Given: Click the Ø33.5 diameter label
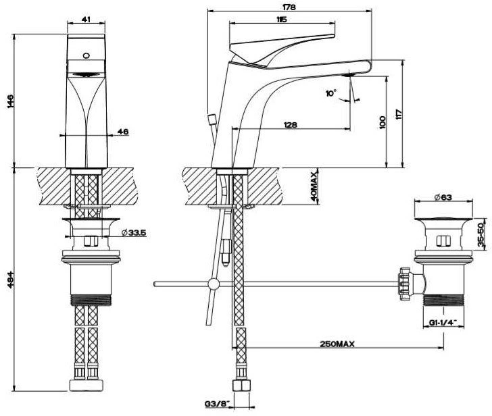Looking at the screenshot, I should [x=135, y=233].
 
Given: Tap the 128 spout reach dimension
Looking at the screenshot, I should [x=292, y=125].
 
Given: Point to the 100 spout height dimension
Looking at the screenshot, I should [x=383, y=122].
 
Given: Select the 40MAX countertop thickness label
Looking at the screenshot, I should [x=314, y=187].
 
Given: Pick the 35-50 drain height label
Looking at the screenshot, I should [x=482, y=234].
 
